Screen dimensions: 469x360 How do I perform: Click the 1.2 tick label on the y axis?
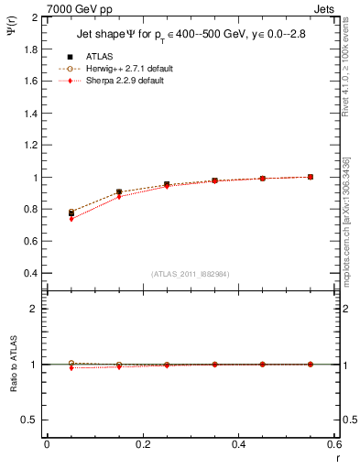[x=32, y=146]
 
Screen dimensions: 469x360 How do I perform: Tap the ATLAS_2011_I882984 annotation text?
[x=190, y=274]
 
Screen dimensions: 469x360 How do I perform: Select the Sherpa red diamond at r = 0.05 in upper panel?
[x=71, y=219]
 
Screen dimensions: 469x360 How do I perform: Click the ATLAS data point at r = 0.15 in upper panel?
[x=119, y=192]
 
